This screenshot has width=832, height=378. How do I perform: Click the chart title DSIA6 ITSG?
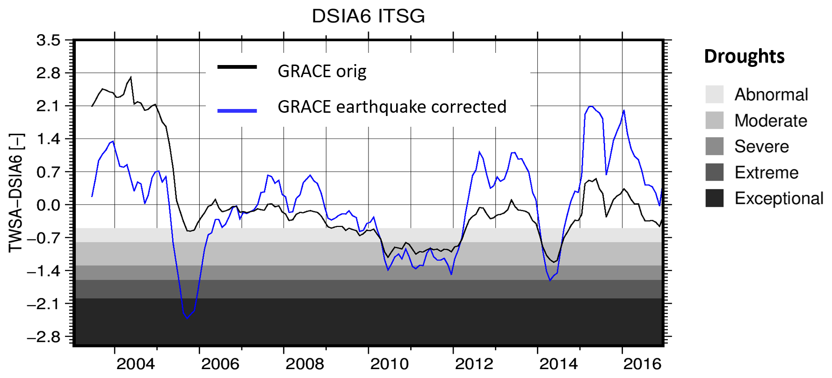(368, 16)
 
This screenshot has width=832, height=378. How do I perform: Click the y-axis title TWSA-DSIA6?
(15, 192)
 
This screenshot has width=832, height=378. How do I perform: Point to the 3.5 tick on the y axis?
(49, 41)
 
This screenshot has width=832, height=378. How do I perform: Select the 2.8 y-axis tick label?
(49, 73)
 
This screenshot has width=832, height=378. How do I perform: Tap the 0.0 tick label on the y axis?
(49, 205)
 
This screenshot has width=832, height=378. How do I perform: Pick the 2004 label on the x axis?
(136, 363)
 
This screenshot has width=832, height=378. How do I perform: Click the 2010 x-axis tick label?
(389, 363)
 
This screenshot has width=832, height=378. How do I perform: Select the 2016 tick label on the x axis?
(643, 363)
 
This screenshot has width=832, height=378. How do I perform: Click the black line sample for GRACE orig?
(237, 67)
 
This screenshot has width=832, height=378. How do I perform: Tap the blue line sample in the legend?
(237, 111)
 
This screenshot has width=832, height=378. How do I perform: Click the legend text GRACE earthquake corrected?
(392, 107)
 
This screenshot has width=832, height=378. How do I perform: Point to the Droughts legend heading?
(744, 57)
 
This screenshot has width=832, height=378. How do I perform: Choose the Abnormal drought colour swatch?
(714, 94)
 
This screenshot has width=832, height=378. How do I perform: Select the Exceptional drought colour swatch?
(714, 198)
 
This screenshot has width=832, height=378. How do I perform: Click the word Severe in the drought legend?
(761, 146)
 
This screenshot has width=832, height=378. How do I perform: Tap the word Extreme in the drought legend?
(766, 173)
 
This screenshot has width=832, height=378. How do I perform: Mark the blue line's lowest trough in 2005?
(187, 318)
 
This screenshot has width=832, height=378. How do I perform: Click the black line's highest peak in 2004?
(130, 77)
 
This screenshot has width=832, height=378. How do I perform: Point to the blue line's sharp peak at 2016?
(624, 110)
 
